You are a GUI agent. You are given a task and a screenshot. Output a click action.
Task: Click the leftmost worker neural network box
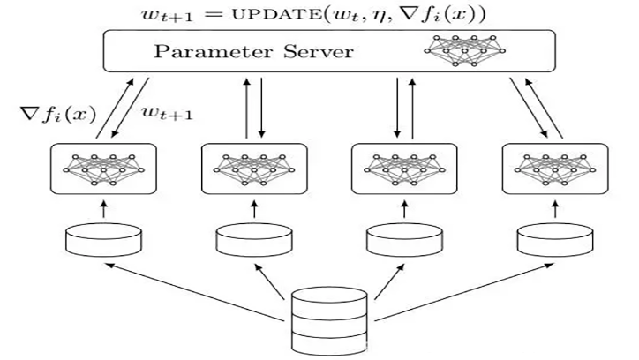[x=103, y=169]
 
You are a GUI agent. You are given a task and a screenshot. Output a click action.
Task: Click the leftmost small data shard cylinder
[x=103, y=238]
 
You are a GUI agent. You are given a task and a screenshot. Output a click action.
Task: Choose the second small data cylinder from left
[x=252, y=238]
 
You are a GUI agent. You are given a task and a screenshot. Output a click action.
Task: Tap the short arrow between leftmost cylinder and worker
[x=103, y=208]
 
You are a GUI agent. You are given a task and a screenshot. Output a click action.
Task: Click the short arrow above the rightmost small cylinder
[x=552, y=208]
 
